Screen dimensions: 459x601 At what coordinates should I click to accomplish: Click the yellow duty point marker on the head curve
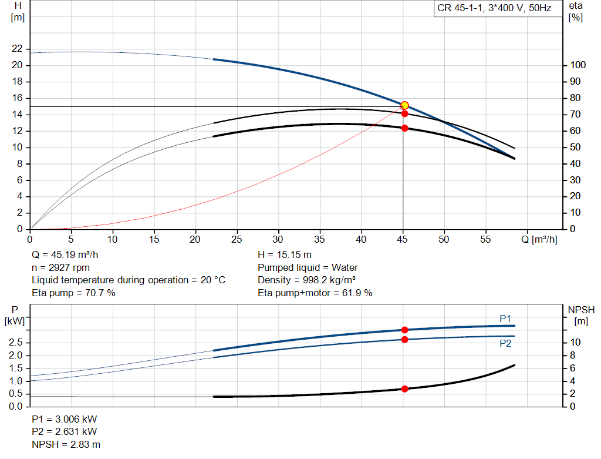click(x=404, y=105)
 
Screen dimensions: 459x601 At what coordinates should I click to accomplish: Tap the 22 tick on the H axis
click(x=16, y=49)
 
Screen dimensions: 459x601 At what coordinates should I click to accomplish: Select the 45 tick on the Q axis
click(x=403, y=240)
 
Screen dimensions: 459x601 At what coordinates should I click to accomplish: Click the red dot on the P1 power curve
click(x=404, y=330)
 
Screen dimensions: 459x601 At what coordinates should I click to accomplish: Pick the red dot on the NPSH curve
click(x=404, y=388)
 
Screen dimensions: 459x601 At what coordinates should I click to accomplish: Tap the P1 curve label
click(x=505, y=319)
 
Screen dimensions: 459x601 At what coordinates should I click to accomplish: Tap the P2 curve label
click(x=505, y=344)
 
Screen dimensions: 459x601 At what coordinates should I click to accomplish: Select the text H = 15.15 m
click(x=285, y=255)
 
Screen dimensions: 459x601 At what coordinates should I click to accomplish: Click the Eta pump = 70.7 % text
click(x=73, y=293)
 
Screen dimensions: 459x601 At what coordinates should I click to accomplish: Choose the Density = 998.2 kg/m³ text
click(x=307, y=280)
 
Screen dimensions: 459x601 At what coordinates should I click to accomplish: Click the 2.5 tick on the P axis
click(x=16, y=343)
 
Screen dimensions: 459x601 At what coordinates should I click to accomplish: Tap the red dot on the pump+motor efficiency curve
click(x=404, y=128)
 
